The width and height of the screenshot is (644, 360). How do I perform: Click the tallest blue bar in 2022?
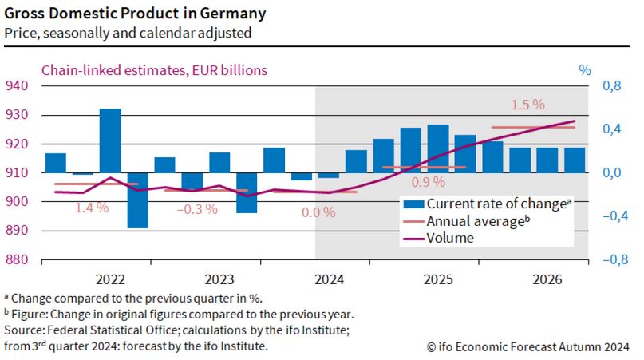coord(110,140)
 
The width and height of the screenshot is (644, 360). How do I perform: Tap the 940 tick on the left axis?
coord(18,86)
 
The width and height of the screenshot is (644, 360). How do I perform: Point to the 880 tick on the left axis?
coord(18,260)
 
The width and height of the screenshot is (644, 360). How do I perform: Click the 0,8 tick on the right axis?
coord(609,86)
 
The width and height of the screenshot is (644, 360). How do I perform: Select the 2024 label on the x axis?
coord(329,279)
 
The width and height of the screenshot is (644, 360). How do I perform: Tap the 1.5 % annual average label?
coord(527,105)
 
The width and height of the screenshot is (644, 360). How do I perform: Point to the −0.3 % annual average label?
coord(196,209)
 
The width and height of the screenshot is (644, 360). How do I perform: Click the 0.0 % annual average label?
coord(318,213)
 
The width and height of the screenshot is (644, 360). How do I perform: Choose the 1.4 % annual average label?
coord(92,208)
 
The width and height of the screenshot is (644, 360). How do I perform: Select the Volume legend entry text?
coord(450,237)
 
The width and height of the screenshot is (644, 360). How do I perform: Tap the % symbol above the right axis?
coord(584,70)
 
